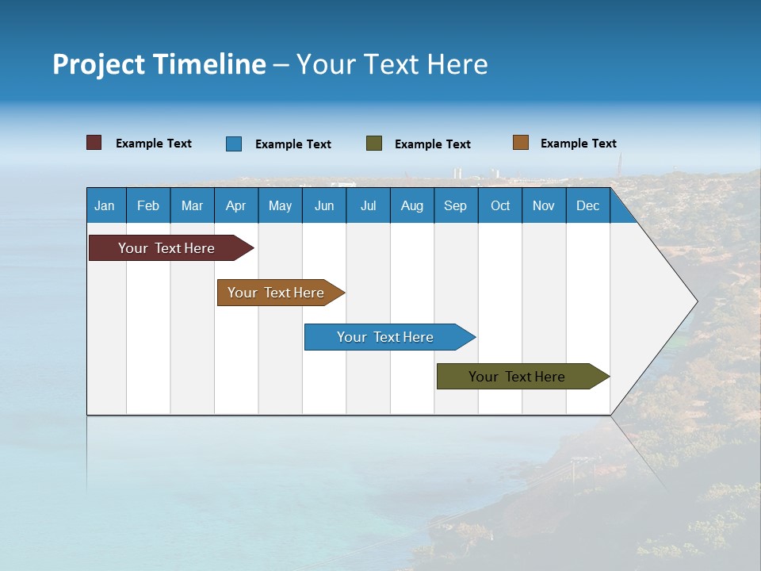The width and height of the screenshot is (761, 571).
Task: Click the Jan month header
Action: pyautogui.click(x=105, y=205)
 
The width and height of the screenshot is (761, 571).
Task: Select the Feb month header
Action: pyautogui.click(x=148, y=205)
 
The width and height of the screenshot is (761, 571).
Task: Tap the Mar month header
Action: pyautogui.click(x=192, y=205)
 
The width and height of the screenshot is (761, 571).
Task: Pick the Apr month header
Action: pyautogui.click(x=235, y=205)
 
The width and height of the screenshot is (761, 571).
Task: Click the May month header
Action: pyautogui.click(x=280, y=205)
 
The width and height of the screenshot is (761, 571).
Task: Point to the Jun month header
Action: pyautogui.click(x=324, y=205)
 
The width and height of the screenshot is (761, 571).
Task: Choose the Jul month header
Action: pyautogui.click(x=368, y=205)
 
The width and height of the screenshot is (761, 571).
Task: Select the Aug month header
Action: pyautogui.click(x=411, y=205)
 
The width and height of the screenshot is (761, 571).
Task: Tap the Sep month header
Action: pyautogui.click(x=455, y=205)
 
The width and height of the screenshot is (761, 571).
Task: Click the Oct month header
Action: pyautogui.click(x=500, y=205)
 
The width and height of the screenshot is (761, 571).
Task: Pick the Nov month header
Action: pyautogui.click(x=544, y=205)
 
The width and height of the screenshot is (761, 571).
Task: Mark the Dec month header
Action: pyautogui.click(x=587, y=205)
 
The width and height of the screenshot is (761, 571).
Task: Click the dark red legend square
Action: pyautogui.click(x=94, y=143)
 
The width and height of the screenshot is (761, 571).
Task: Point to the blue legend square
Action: pyautogui.click(x=234, y=144)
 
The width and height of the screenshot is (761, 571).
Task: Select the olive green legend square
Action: pyautogui.click(x=374, y=144)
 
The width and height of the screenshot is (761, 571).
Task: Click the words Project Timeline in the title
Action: pyautogui.click(x=159, y=64)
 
